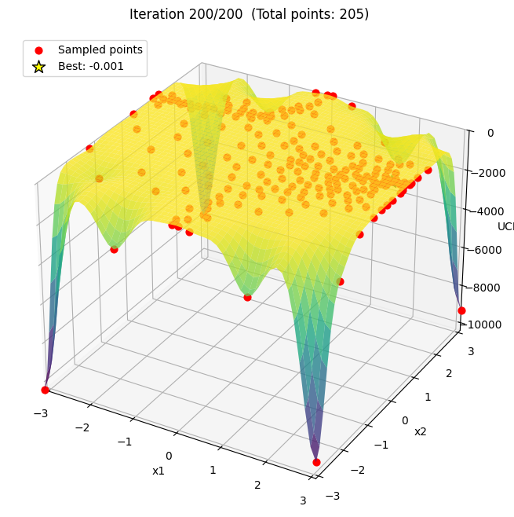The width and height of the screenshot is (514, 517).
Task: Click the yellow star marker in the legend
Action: tap(38, 67)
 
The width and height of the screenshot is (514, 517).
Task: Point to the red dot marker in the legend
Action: tap(38, 50)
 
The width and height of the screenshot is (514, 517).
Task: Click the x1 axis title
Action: tap(159, 470)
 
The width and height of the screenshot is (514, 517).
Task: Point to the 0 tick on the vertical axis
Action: tap(490, 133)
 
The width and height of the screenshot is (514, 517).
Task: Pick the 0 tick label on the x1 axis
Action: tap(168, 456)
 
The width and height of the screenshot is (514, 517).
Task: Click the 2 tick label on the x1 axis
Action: tap(257, 485)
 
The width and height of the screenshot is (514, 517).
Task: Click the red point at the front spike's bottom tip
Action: tap(316, 462)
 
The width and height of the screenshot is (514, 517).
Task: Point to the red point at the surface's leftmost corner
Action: tap(45, 390)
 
